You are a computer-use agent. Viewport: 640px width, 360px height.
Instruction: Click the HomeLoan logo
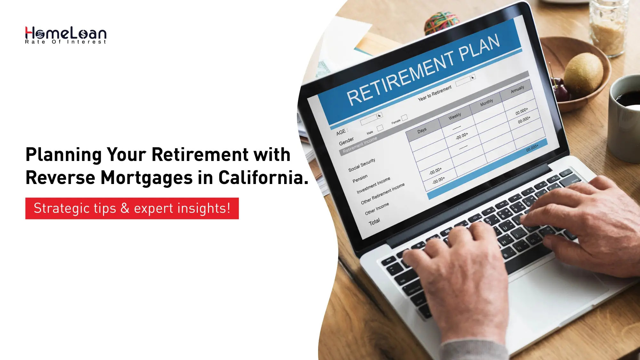(66, 35)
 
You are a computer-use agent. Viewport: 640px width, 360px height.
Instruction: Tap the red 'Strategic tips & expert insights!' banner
(132, 208)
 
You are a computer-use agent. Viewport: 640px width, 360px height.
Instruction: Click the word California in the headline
(263, 178)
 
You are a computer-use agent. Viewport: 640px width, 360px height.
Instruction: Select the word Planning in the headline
(63, 155)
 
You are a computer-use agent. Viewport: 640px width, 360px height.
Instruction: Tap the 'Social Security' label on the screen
(362, 165)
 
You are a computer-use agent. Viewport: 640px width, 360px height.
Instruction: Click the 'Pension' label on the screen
(360, 179)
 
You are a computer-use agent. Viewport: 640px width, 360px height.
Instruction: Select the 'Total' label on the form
(374, 221)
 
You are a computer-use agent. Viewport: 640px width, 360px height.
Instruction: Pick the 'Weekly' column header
(455, 116)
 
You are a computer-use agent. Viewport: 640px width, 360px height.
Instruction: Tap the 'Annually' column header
(517, 89)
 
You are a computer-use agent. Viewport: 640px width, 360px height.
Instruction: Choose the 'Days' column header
(422, 130)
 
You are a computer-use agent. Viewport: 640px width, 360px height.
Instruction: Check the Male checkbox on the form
(380, 128)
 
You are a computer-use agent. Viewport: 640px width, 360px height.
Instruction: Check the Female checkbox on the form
(404, 117)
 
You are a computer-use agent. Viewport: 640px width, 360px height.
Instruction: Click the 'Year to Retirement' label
(435, 93)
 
